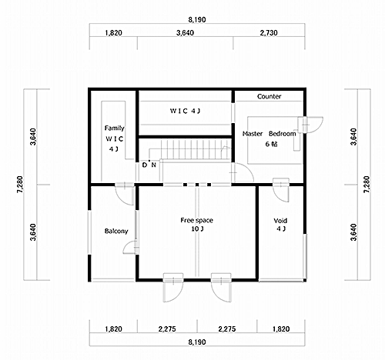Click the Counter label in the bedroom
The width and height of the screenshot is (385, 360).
coord(269,96)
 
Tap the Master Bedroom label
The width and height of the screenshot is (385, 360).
coord(269,134)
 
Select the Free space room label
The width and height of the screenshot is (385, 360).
coord(196,220)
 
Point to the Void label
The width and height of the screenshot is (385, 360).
coord(280,221)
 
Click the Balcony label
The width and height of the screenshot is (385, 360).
coord(116,231)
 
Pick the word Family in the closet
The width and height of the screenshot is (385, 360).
coord(115,128)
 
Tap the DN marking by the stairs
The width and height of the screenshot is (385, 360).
coord(149,165)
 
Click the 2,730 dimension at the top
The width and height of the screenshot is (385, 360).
coord(269,33)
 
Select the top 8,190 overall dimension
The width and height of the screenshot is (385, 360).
coord(197,19)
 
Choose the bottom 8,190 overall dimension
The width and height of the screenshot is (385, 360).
coord(197,342)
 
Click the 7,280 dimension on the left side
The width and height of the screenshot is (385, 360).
coord(20,185)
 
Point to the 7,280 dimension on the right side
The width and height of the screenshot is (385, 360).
coord(367,185)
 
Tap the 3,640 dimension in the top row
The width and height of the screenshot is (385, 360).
coord(185,33)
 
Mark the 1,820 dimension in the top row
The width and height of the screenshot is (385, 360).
coord(113,33)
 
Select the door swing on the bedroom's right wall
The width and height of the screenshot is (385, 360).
coord(310,125)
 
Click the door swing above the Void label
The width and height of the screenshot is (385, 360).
coord(281,190)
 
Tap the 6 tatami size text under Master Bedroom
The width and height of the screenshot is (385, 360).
coord(272,144)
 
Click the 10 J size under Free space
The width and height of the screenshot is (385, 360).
coord(197,228)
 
